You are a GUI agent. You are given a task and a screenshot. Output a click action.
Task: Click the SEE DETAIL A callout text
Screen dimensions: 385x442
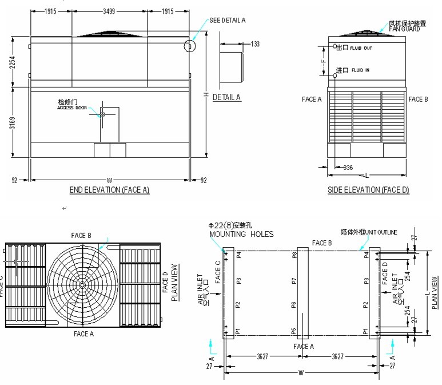[227, 20]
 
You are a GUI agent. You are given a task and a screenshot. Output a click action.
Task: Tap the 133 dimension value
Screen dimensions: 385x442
[255, 44]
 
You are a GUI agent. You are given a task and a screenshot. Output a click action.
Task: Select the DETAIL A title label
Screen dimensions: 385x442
[227, 97]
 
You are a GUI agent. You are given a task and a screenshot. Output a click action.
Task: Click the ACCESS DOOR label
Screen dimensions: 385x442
[71, 108]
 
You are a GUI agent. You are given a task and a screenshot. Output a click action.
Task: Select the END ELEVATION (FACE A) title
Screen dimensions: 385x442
[109, 190]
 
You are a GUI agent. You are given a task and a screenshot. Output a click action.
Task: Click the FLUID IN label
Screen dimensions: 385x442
[360, 70]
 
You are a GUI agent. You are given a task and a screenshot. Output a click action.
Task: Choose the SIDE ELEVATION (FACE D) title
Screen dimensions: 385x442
[368, 190]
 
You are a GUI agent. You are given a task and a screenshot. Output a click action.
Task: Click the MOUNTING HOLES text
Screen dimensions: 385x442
[241, 234]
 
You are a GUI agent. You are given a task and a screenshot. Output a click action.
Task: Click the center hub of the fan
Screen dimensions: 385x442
[83, 284]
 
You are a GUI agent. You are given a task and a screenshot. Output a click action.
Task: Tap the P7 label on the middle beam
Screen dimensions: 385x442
[294, 280]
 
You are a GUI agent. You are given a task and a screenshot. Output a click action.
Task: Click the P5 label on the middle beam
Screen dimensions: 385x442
[294, 331]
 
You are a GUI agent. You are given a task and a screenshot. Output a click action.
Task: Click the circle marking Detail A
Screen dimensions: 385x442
[190, 45]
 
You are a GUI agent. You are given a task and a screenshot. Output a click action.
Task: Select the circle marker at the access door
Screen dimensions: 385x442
[102, 114]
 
